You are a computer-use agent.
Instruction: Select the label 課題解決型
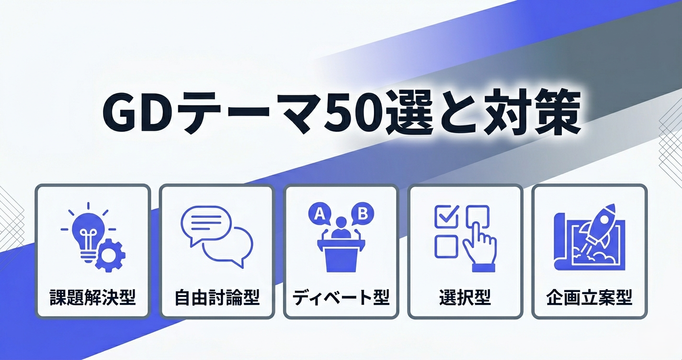click(92, 297)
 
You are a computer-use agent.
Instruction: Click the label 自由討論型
click(217, 297)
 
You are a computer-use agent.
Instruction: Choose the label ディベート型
click(341, 297)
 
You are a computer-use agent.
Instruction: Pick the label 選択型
click(465, 297)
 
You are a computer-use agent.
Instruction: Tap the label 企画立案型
click(589, 297)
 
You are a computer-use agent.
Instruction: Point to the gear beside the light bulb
click(110, 256)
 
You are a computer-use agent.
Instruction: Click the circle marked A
click(320, 214)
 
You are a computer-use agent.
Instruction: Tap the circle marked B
click(363, 214)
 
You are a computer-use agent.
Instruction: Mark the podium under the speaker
click(341, 256)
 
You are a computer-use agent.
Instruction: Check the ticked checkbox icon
click(447, 216)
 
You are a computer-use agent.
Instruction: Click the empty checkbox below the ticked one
click(446, 247)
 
